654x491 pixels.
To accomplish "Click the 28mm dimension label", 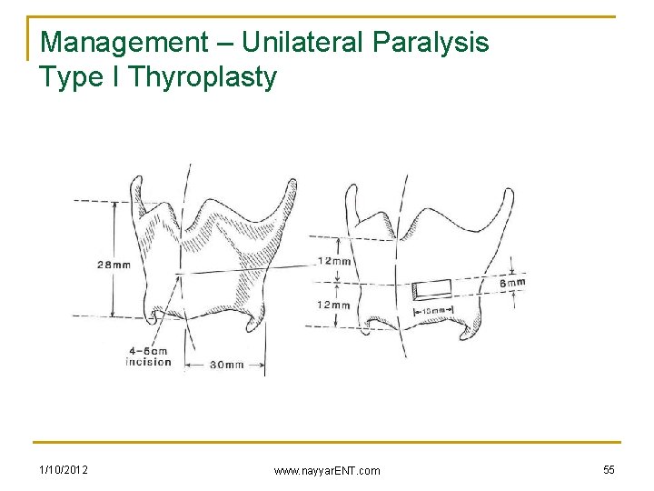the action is pos(114,265).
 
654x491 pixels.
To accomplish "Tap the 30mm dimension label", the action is pos(226,365).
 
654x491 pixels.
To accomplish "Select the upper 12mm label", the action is pos(334,261).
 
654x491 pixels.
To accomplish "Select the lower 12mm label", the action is pos(332,305).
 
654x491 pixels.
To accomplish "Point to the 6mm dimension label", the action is pos(513,283).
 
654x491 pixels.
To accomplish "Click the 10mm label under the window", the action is pos(434,311).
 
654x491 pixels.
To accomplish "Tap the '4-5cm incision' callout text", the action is pos(148,356).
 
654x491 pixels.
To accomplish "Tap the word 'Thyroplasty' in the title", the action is pos(203,77).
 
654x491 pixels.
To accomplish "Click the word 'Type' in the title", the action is pos(69,78).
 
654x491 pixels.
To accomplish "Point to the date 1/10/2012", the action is pos(64,469).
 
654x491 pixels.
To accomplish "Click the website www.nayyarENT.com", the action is pos(328,470).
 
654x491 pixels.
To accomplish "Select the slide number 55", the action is pos(608,469).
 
